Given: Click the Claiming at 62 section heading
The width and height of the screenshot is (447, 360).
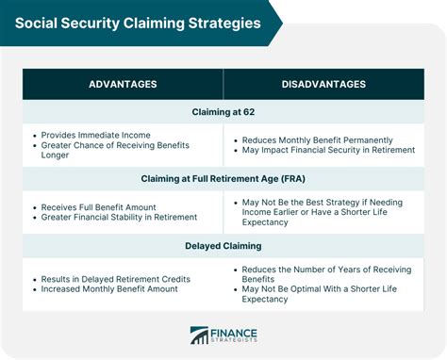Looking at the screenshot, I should pyautogui.click(x=223, y=112).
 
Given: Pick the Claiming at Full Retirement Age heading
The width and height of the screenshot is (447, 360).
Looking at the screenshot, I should pyautogui.click(x=223, y=179).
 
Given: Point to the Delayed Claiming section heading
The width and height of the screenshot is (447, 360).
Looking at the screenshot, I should pyautogui.click(x=223, y=248).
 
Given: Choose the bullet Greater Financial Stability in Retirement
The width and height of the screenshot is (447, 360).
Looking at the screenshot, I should pyautogui.click(x=119, y=218).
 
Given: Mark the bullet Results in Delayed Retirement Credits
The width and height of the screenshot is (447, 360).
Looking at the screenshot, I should pyautogui.click(x=116, y=279).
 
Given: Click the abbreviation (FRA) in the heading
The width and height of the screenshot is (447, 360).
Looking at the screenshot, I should pyautogui.click(x=293, y=179).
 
